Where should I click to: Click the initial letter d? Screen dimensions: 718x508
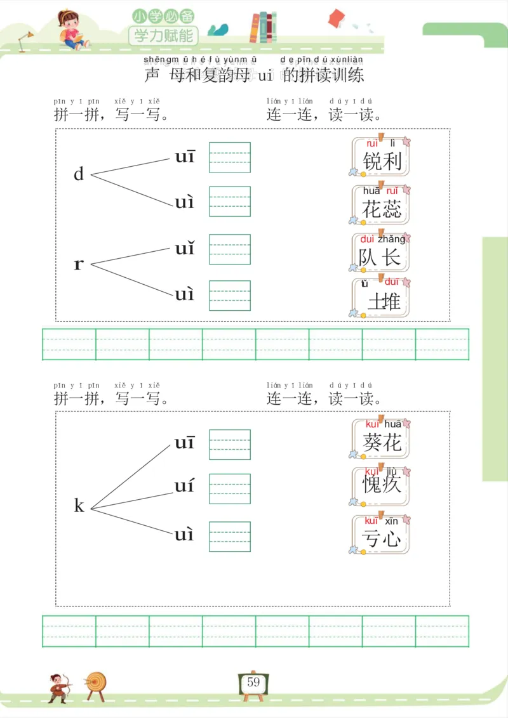point(79,174)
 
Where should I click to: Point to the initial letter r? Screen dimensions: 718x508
point(79,264)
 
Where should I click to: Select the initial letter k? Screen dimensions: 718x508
point(79,506)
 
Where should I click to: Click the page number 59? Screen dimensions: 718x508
point(253,682)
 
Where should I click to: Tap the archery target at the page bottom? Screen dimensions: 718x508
point(97,684)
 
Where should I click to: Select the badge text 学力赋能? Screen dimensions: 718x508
point(163,35)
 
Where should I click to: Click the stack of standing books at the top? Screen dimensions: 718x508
point(263,27)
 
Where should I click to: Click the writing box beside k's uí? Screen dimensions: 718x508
point(230,488)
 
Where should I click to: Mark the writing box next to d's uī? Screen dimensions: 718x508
point(230,157)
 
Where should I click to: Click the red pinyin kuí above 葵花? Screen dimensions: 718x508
point(372,424)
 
